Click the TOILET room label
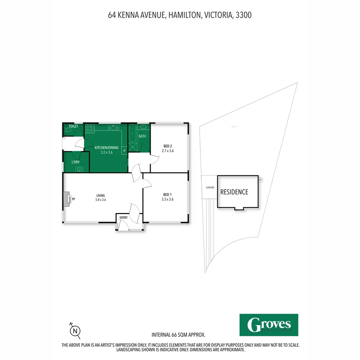73,126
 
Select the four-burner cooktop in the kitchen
89,128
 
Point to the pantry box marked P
124,151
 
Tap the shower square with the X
133,147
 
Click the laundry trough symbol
80,169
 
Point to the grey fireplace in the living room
67,199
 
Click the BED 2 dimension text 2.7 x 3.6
168,151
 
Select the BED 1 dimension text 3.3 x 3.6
168,199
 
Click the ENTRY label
123,218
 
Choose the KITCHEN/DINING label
106,148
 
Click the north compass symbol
75,331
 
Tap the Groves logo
269,325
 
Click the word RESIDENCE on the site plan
234,192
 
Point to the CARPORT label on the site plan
210,188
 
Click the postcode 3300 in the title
243,15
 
